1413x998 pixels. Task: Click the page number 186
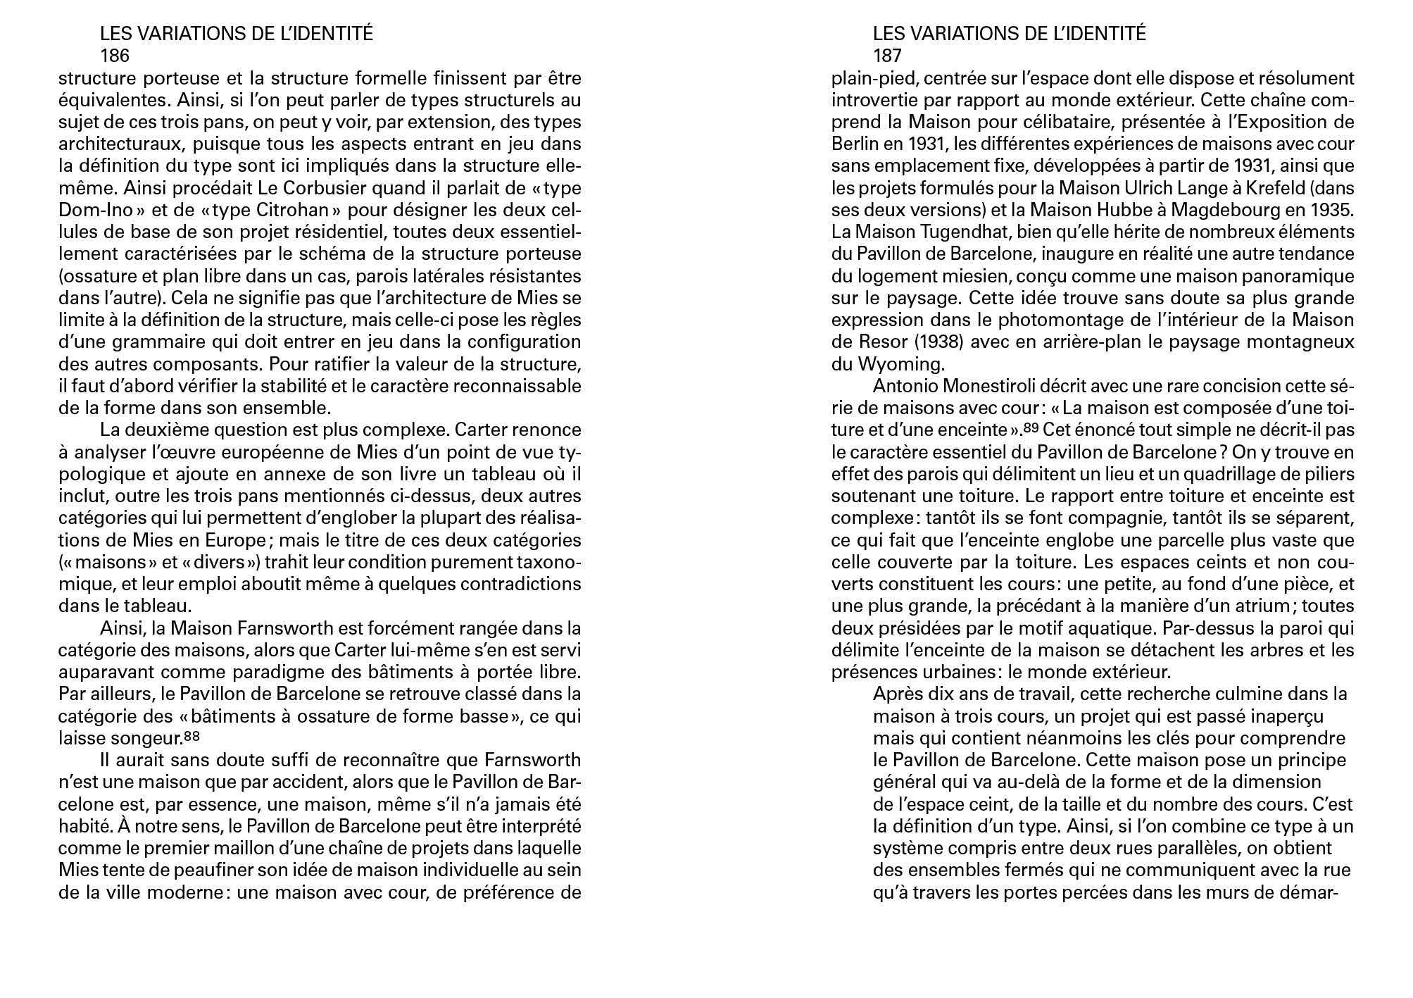(x=115, y=56)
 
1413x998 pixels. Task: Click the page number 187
(x=887, y=56)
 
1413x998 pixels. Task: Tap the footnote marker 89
(x=1031, y=428)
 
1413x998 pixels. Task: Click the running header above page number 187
(x=1009, y=34)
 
